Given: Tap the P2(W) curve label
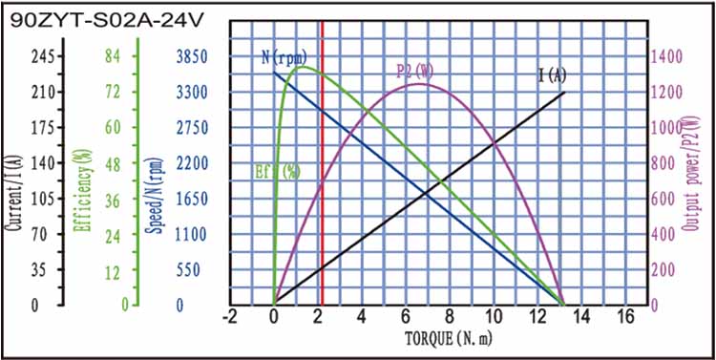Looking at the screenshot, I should tap(415, 71).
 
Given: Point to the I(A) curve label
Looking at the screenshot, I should tap(552, 75).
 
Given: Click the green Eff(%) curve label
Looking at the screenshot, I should tap(278, 172).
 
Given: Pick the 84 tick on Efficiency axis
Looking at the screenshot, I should tap(112, 56).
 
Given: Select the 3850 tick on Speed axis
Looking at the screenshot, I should tap(191, 56).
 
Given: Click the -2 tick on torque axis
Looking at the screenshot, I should tap(230, 317).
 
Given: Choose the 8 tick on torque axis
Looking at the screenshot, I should tap(450, 317).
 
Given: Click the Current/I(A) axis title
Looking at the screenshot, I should tap(12, 180).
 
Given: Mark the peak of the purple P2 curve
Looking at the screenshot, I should tap(419, 83).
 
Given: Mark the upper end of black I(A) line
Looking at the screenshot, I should tap(565, 92).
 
